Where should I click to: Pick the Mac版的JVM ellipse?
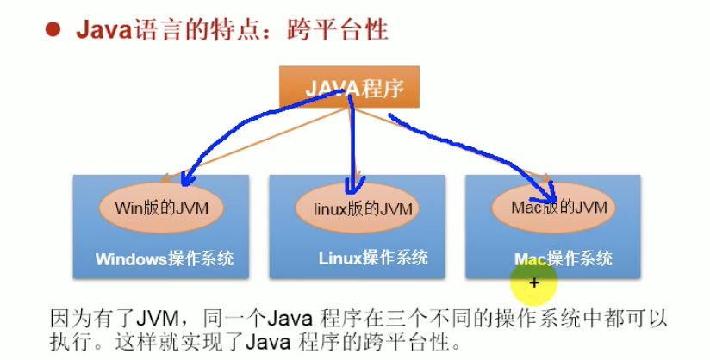point(553,207)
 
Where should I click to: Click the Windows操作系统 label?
point(165,258)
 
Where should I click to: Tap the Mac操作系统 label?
point(563,258)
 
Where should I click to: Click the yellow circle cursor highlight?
point(533,281)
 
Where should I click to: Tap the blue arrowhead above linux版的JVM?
point(352,187)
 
